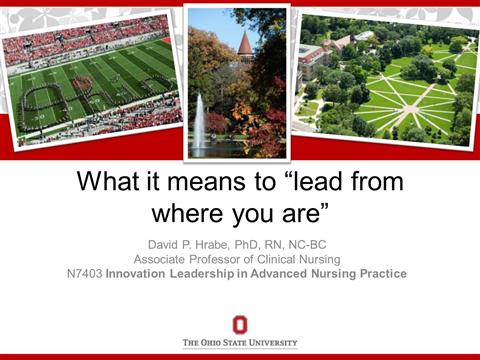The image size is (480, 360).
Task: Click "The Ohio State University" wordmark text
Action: [240, 343]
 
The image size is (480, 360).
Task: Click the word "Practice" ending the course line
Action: [382, 274]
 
